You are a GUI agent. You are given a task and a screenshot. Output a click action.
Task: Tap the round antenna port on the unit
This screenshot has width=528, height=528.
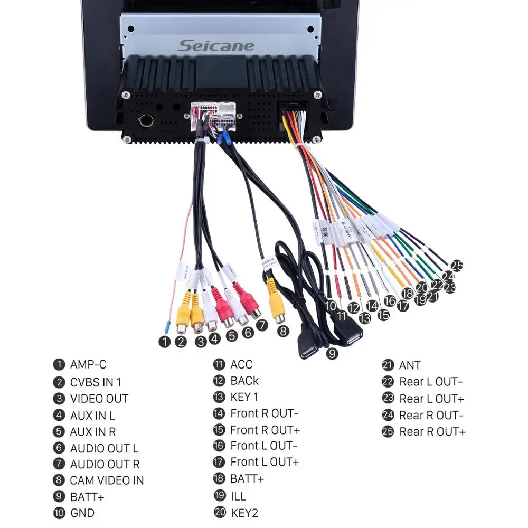pos(145,120)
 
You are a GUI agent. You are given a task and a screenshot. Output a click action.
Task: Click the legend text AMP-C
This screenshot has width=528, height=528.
pos(88,364)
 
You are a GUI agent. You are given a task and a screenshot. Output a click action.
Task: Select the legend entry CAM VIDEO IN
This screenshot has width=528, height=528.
pos(107,480)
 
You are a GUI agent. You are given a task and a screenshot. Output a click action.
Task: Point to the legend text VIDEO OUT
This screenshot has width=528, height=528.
pos(99,399)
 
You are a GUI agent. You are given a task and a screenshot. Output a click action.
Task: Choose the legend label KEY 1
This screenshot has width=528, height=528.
pos(244,397)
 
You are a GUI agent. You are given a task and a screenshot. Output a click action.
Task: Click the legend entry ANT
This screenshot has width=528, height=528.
pos(410,365)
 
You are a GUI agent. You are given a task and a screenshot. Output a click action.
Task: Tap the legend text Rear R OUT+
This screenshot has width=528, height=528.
pos(432,431)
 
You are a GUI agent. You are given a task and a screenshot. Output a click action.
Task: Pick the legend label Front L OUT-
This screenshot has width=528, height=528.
pos(263,446)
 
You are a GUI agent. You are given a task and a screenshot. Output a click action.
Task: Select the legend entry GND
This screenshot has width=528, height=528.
pos(82,513)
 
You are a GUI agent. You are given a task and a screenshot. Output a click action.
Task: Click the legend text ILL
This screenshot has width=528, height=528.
pos(238,496)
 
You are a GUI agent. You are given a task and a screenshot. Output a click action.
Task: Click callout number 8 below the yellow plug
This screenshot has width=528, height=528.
pos(284,332)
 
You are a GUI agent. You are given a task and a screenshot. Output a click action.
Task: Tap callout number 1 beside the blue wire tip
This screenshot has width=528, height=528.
pos(165,342)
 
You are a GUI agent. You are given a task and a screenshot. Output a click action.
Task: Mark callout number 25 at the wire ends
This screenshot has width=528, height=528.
pos(457,266)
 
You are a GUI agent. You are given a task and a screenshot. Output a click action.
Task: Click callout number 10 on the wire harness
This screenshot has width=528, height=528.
pos(331,305)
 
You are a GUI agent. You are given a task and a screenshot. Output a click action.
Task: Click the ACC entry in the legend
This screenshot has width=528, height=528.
pos(241,364)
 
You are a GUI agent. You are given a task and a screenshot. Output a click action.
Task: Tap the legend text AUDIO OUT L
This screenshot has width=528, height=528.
pos(104,448)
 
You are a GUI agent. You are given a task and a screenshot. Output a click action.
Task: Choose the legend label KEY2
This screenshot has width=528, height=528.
pos(244,513)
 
